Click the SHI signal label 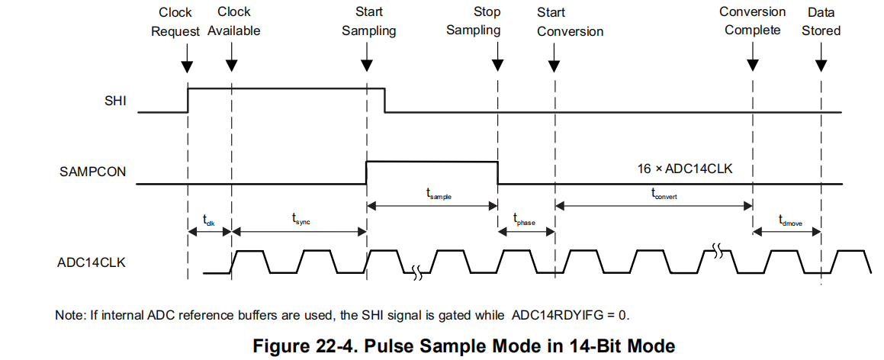coord(116,101)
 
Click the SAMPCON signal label coord(92,172)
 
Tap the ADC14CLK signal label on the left coord(92,262)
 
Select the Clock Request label coord(175,22)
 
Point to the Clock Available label coord(234,22)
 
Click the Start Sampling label coord(369,21)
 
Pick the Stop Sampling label coord(474,21)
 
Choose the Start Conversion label coord(570,22)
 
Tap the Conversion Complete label coord(752,21)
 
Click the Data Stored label coord(821,22)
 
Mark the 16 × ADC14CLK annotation coord(685,169)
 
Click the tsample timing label coord(439,195)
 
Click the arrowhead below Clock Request coord(188,66)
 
